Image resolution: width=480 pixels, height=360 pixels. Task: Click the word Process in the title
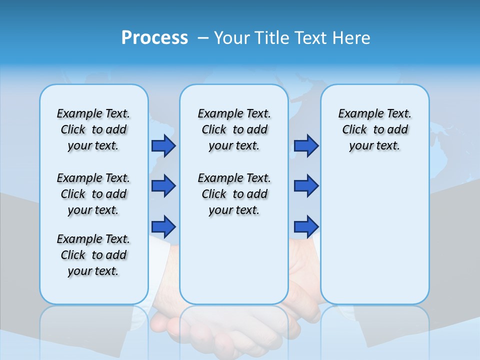[154, 38]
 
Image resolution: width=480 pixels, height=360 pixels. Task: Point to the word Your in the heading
[233, 38]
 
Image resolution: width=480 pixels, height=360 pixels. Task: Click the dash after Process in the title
[203, 38]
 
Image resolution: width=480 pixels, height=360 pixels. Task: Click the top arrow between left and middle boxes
[163, 146]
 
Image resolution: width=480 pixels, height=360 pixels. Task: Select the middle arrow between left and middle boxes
[163, 186]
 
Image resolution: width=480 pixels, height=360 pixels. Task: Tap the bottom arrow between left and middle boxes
[163, 227]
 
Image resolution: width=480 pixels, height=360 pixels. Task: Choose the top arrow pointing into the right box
[306, 146]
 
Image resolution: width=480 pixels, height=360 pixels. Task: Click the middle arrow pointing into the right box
[306, 186]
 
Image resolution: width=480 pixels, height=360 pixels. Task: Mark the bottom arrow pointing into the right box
[306, 227]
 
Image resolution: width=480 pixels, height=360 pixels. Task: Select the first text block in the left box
[93, 129]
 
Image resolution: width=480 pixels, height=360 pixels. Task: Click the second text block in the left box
[93, 194]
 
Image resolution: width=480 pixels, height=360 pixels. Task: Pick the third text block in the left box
[93, 255]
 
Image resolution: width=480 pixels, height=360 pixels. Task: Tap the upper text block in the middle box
[234, 129]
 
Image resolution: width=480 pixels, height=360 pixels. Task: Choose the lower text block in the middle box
[234, 194]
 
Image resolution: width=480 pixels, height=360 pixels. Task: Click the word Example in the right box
[356, 114]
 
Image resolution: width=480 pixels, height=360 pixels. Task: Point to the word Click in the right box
[354, 130]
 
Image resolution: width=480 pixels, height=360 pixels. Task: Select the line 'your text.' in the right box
[374, 146]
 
